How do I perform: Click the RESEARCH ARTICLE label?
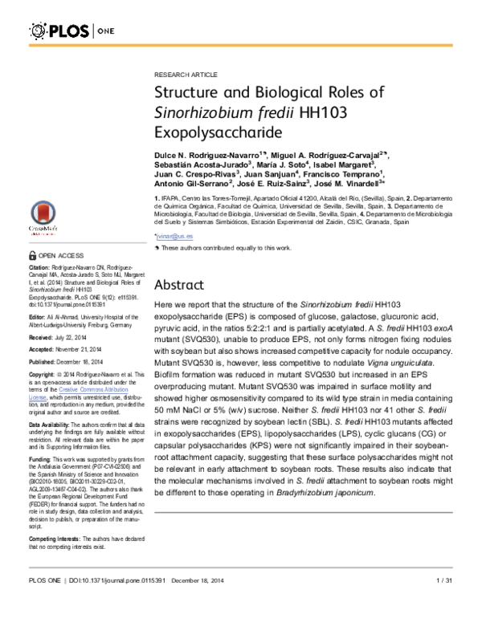click(x=182, y=73)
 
